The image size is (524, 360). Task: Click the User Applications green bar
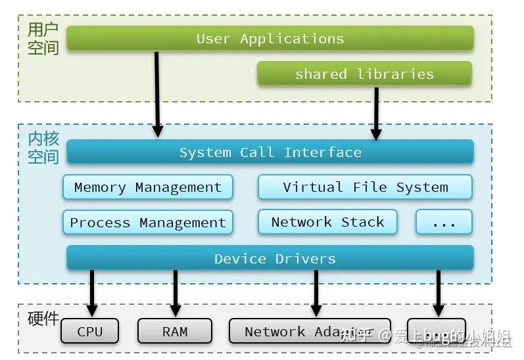coord(270,39)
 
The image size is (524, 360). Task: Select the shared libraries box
coord(364,74)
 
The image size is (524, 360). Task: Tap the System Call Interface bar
coord(270,152)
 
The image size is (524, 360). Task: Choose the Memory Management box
coord(148,187)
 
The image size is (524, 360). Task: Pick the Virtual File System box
coord(365,187)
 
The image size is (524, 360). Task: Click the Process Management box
coord(148,223)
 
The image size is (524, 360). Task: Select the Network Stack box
coord(327,222)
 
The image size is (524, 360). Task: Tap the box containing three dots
coord(444,223)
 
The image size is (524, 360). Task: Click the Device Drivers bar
coord(270,258)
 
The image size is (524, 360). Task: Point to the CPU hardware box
coord(90,331)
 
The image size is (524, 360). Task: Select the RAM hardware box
coord(175,331)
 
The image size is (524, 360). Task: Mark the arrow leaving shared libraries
coord(376,113)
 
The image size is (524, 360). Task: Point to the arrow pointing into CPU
coord(92,293)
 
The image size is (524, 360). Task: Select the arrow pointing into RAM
coord(175,293)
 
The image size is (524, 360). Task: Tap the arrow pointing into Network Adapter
coord(316,293)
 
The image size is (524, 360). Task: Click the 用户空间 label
coord(43,39)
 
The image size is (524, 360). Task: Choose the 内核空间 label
coord(43,148)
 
